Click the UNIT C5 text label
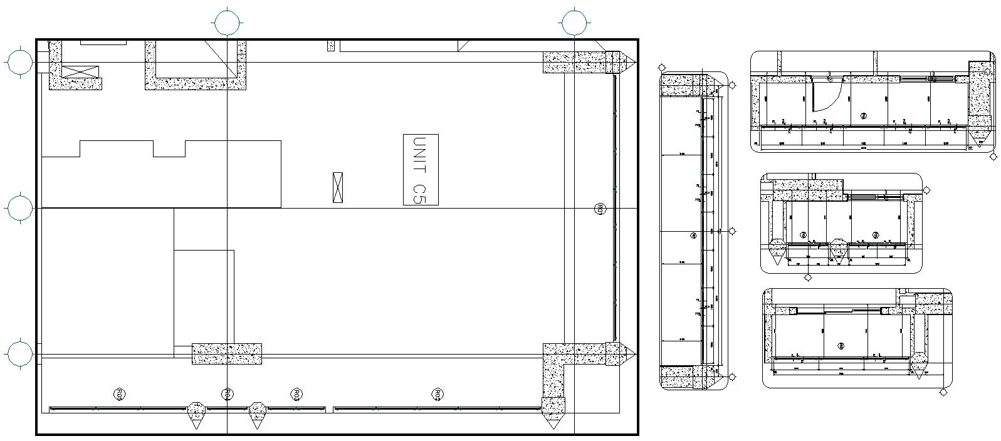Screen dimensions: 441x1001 tap(421, 170)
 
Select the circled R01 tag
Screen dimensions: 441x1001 tap(599, 209)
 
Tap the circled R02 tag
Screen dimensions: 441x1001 tap(438, 394)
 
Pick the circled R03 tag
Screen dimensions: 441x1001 tap(296, 394)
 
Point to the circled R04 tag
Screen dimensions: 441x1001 tap(228, 394)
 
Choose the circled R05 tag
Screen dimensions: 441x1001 tap(119, 394)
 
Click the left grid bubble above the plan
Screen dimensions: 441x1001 tap(228, 23)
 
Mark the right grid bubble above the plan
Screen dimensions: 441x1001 tap(574, 23)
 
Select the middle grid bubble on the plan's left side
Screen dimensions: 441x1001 tap(20, 208)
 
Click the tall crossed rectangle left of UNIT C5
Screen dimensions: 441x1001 tap(338, 187)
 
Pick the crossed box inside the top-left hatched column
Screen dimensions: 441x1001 tap(81, 71)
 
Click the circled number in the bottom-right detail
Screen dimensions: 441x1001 tap(841, 346)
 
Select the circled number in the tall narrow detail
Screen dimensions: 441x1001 tap(693, 236)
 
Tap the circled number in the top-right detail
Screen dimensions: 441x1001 tap(863, 116)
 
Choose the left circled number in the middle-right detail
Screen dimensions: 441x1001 tap(804, 236)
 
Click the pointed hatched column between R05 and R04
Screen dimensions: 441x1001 tap(196, 413)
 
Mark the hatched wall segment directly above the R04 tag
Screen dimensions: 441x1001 tap(226, 354)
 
